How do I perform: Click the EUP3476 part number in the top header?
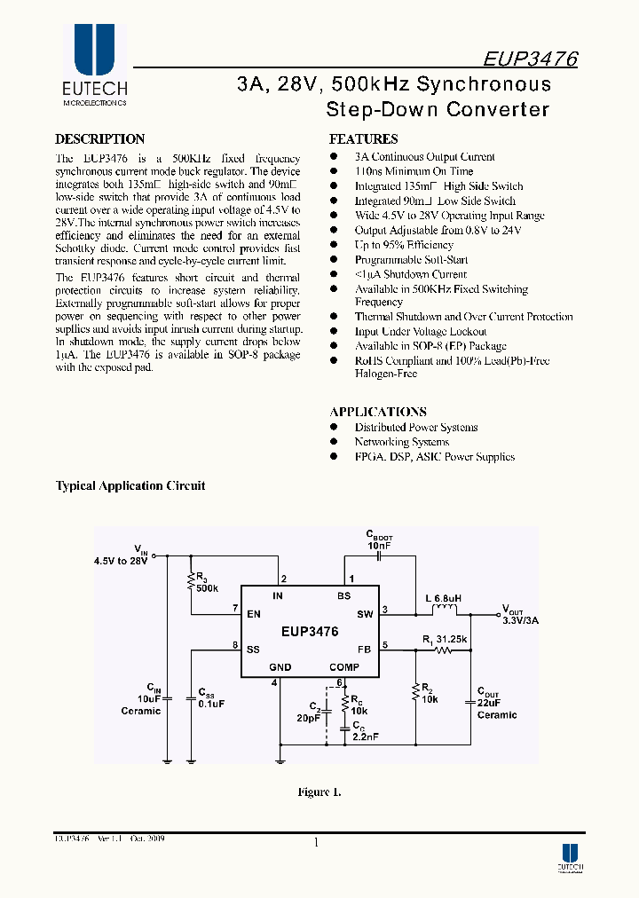point(531,59)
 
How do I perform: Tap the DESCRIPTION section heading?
point(99,139)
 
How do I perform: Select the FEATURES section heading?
point(363,139)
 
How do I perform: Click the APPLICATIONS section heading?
point(378,412)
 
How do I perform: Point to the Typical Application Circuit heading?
point(130,486)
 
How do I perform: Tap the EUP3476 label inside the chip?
point(310,633)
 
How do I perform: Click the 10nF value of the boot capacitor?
point(379,546)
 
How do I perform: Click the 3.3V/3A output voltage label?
point(521,620)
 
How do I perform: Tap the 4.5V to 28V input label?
point(120,561)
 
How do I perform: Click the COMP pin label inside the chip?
point(344,667)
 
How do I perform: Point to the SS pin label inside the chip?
point(253,649)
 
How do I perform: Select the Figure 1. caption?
point(319,792)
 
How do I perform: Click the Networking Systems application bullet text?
point(401,442)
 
